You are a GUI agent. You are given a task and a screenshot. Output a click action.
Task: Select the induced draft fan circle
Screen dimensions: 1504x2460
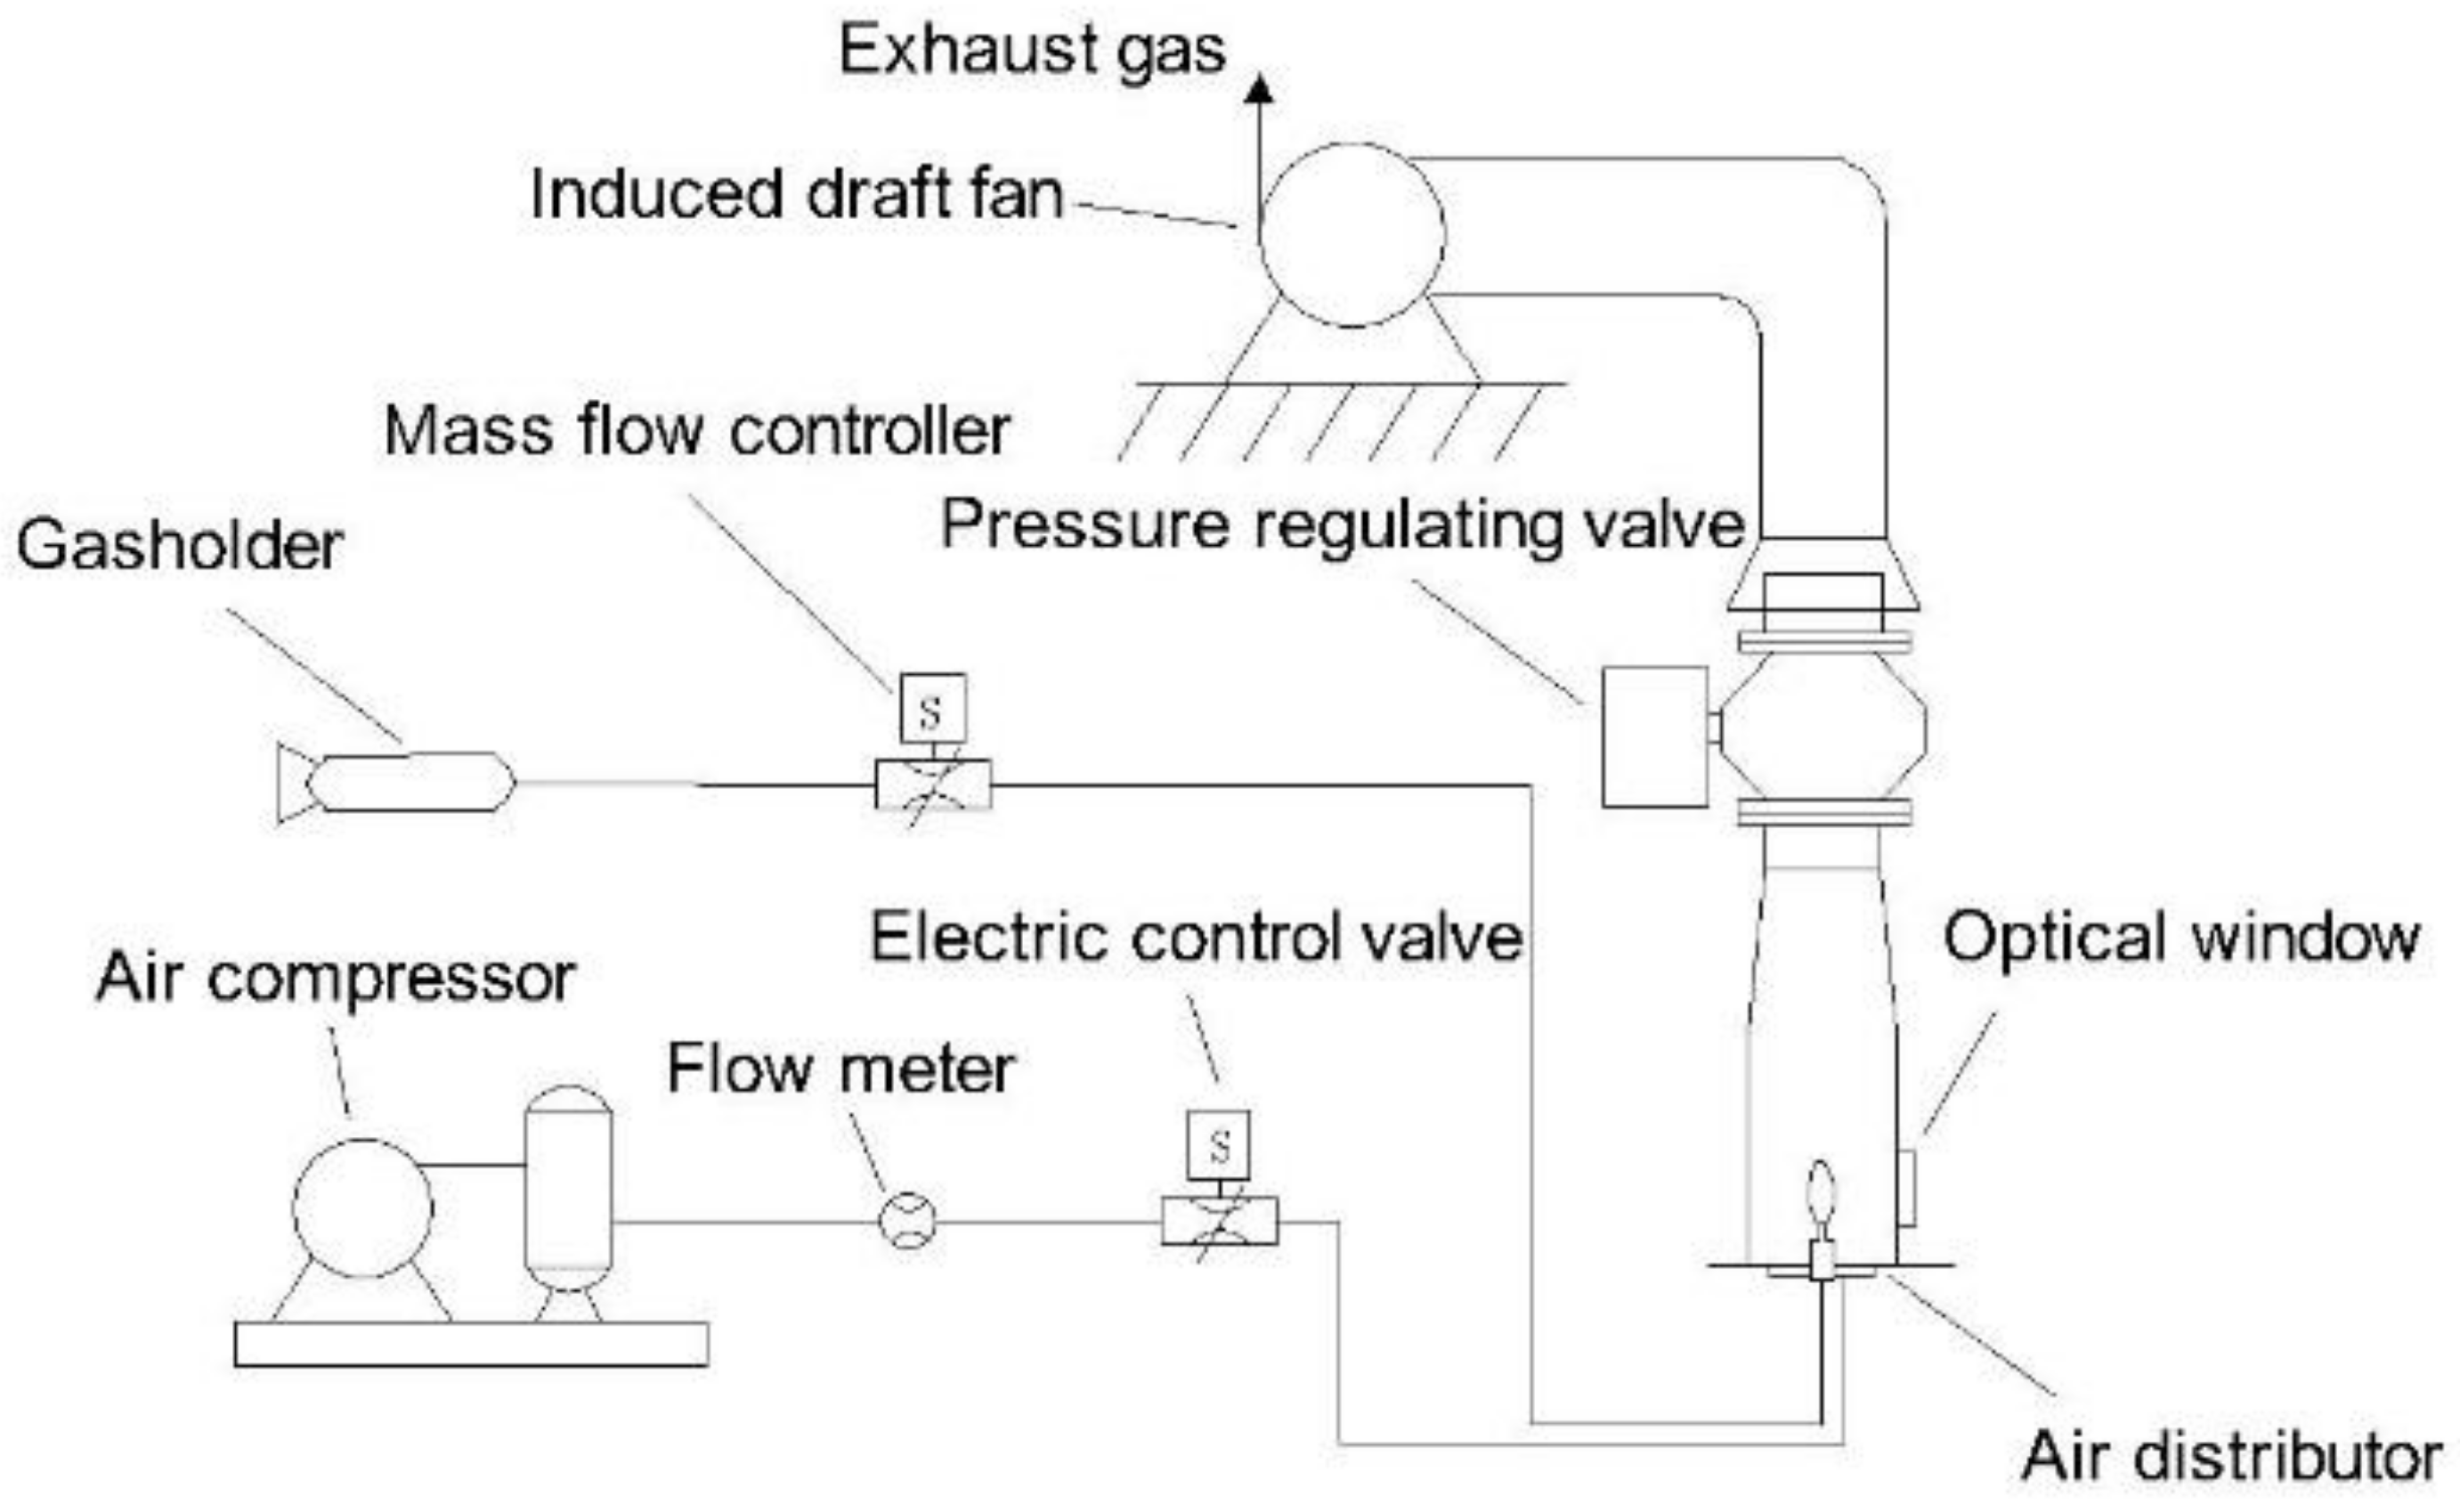coord(1351,235)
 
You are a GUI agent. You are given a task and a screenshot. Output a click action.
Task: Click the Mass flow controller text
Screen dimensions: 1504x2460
coord(697,431)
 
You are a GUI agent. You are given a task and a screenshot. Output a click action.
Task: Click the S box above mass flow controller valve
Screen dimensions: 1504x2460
coord(932,709)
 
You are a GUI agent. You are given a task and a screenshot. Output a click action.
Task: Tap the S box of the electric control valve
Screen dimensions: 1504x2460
coord(1218,1145)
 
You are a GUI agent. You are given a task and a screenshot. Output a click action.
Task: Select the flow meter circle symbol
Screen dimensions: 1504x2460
coord(906,1220)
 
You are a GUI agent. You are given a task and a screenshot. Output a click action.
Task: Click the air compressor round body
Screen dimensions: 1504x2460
coord(362,1207)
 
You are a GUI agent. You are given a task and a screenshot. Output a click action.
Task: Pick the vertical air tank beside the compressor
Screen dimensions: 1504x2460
coord(568,1189)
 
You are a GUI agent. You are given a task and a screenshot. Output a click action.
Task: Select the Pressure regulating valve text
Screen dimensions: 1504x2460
coord(1342,525)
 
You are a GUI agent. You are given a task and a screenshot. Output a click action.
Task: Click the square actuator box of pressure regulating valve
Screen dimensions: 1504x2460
coord(1654,737)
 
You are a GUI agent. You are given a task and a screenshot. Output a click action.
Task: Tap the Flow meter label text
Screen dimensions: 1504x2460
coord(840,1069)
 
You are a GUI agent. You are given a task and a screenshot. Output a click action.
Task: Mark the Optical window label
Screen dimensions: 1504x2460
coord(2180,939)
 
